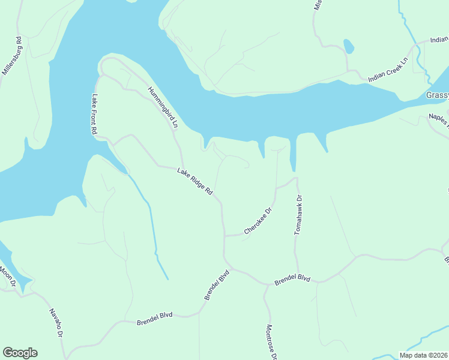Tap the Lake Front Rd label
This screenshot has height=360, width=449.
[x=95, y=114]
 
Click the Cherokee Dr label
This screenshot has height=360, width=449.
[x=258, y=221]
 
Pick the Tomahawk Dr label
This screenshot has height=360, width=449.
[x=298, y=214]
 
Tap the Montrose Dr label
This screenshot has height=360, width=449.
[x=271, y=343]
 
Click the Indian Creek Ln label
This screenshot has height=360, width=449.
[x=388, y=70]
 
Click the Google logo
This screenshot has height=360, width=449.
[x=20, y=353]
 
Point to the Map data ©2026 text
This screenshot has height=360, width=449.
[x=424, y=355]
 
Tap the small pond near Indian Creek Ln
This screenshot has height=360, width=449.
[x=348, y=46]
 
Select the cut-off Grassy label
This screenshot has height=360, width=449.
[x=437, y=95]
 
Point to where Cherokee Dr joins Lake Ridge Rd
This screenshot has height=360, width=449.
[x=224, y=236]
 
